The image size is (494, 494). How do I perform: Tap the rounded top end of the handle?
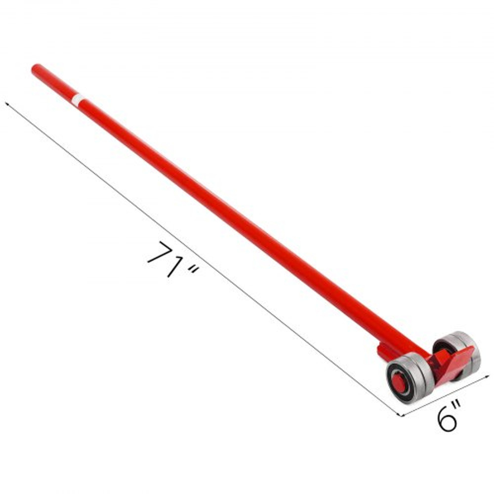click(x=35, y=68)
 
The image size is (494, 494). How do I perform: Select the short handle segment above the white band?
click(x=54, y=83)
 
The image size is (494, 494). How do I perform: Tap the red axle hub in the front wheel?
click(x=398, y=381)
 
